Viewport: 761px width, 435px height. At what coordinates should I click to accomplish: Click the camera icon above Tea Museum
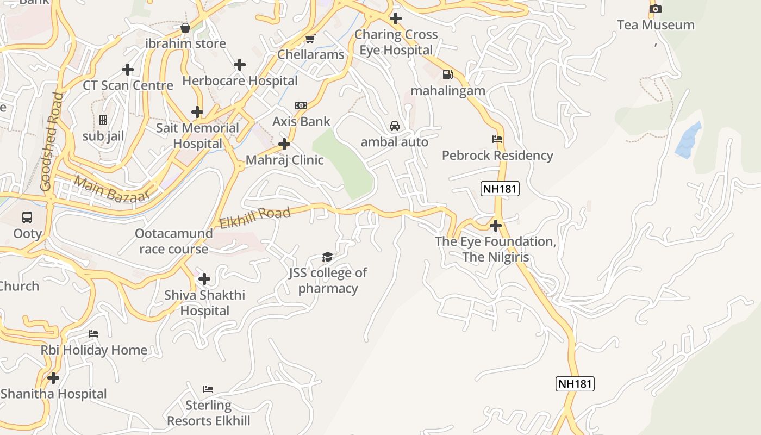(656, 9)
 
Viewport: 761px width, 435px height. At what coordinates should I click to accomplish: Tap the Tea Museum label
(656, 25)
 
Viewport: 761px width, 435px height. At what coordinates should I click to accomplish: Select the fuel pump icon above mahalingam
(447, 74)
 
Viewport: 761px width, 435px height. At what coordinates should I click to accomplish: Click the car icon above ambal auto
(395, 126)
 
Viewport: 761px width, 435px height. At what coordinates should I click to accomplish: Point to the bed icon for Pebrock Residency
(497, 139)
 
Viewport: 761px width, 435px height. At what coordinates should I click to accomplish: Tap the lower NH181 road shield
(575, 383)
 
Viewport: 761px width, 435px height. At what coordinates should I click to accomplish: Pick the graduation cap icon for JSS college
(327, 257)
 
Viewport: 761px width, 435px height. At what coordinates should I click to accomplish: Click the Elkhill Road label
(255, 217)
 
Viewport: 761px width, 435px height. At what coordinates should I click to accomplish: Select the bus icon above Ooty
(27, 217)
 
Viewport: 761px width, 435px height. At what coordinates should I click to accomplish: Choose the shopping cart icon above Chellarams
(310, 39)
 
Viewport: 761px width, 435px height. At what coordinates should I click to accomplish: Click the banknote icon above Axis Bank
(301, 105)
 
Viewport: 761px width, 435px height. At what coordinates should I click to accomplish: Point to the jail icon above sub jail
(103, 120)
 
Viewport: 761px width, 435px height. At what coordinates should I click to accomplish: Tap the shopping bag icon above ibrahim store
(185, 28)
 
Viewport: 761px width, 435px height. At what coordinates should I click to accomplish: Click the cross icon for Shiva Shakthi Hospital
(204, 279)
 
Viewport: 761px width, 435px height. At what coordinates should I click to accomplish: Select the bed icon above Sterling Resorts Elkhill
(208, 389)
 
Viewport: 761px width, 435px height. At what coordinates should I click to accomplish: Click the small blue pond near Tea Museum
(688, 140)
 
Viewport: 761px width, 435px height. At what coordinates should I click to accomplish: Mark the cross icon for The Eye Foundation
(496, 225)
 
